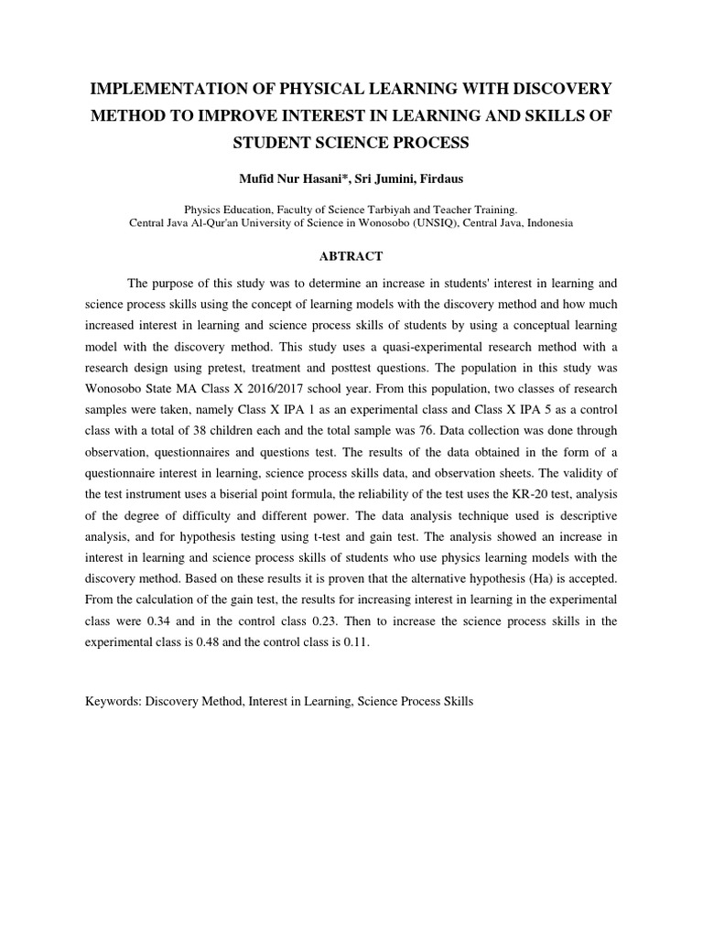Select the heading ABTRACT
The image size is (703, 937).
(x=351, y=256)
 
